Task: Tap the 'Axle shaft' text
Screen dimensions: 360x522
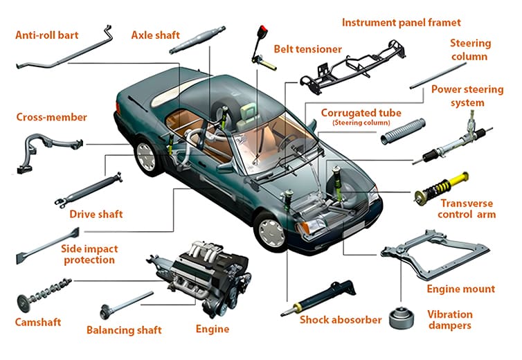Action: (x=157, y=34)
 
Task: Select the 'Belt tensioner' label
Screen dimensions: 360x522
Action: (x=307, y=49)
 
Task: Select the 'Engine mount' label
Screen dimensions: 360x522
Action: (x=460, y=289)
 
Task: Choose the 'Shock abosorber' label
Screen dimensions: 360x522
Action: (x=340, y=319)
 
